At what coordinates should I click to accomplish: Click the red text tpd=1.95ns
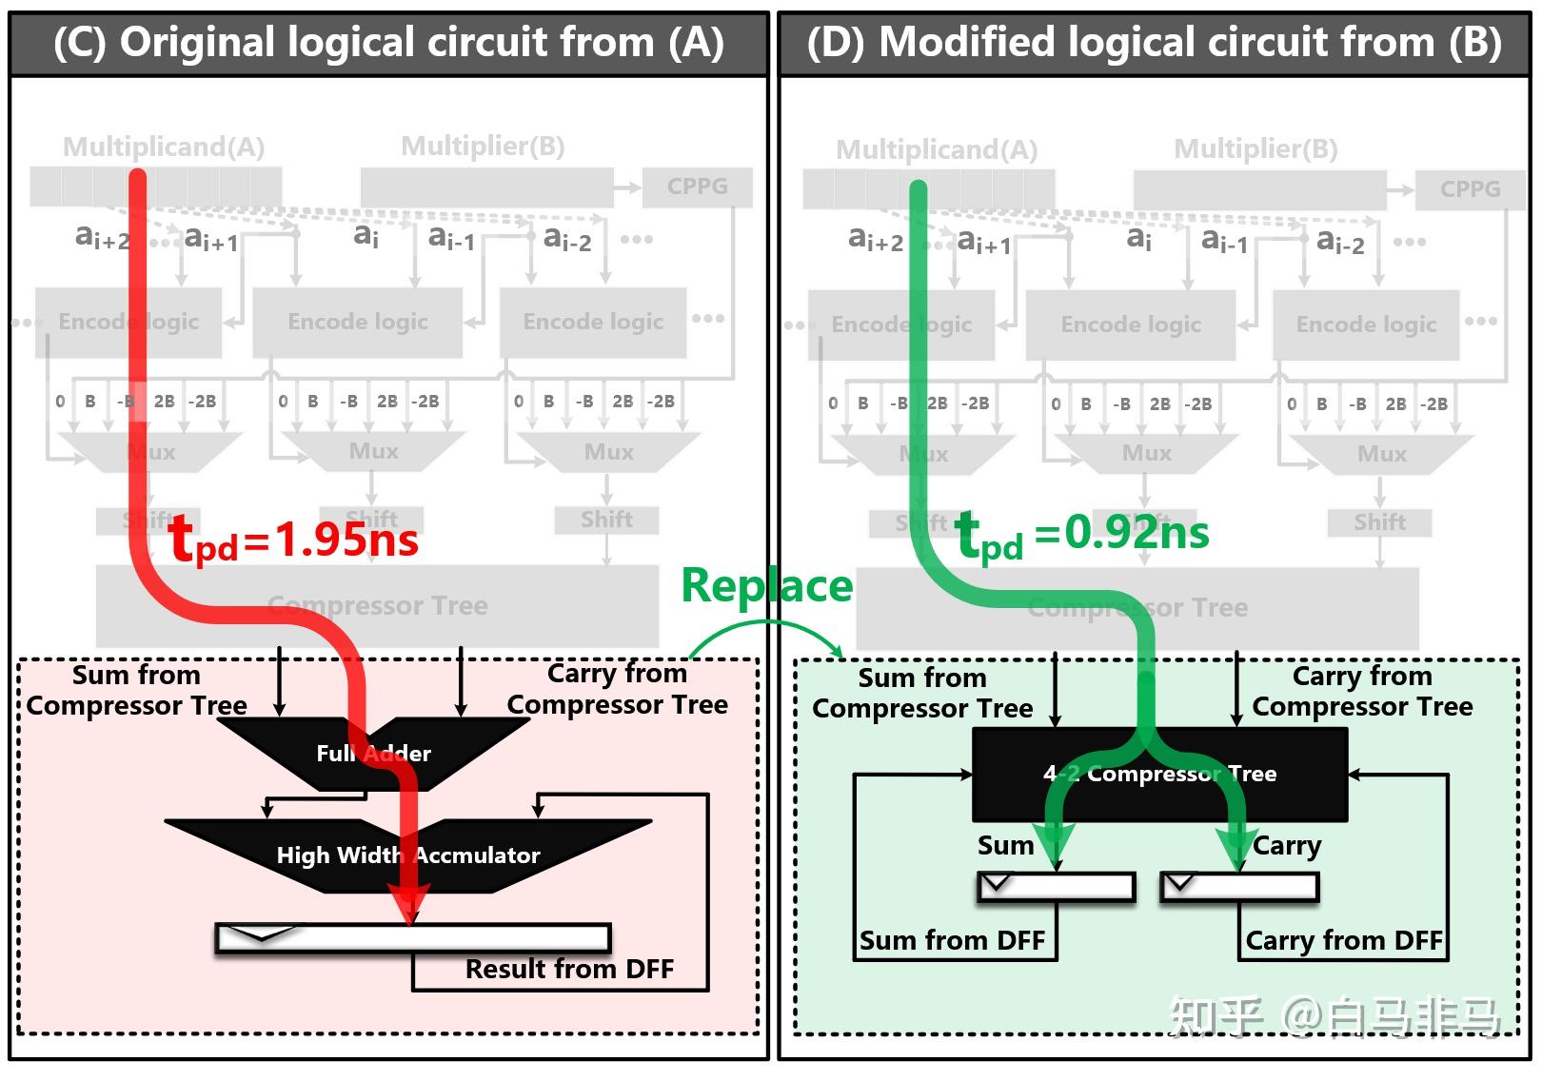point(293,540)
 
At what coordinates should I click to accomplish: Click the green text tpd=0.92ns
point(1082,534)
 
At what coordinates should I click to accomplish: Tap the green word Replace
point(766,586)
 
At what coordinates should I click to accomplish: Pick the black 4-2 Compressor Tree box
point(1159,775)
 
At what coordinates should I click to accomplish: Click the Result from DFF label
point(569,970)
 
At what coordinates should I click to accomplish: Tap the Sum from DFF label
point(952,941)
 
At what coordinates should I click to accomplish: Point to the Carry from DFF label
point(1344,941)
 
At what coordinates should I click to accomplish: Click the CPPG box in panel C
point(697,187)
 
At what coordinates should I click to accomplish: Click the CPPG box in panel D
point(1470,190)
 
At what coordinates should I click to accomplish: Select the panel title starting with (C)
point(388,44)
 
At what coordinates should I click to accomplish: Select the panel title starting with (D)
point(1154,44)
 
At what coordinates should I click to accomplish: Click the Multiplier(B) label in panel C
point(483,147)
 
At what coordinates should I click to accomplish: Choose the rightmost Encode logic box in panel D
point(1366,325)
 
